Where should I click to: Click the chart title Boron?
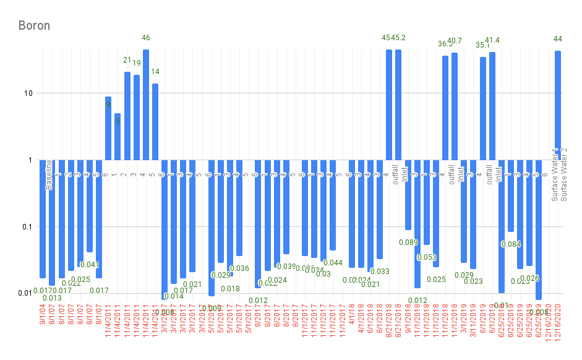[x=34, y=25]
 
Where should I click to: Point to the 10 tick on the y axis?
[x=28, y=93]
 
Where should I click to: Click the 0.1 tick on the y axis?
[x=27, y=227]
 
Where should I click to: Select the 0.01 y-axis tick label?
[x=24, y=293]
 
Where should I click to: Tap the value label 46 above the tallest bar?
[x=146, y=38]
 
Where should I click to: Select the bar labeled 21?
[x=127, y=116]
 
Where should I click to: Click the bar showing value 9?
[x=108, y=128]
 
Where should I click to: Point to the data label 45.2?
[x=399, y=38]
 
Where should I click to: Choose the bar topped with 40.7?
[x=455, y=106]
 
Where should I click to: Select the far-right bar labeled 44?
[x=558, y=105]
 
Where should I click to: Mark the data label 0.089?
[x=408, y=242]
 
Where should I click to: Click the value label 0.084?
[x=511, y=244]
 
